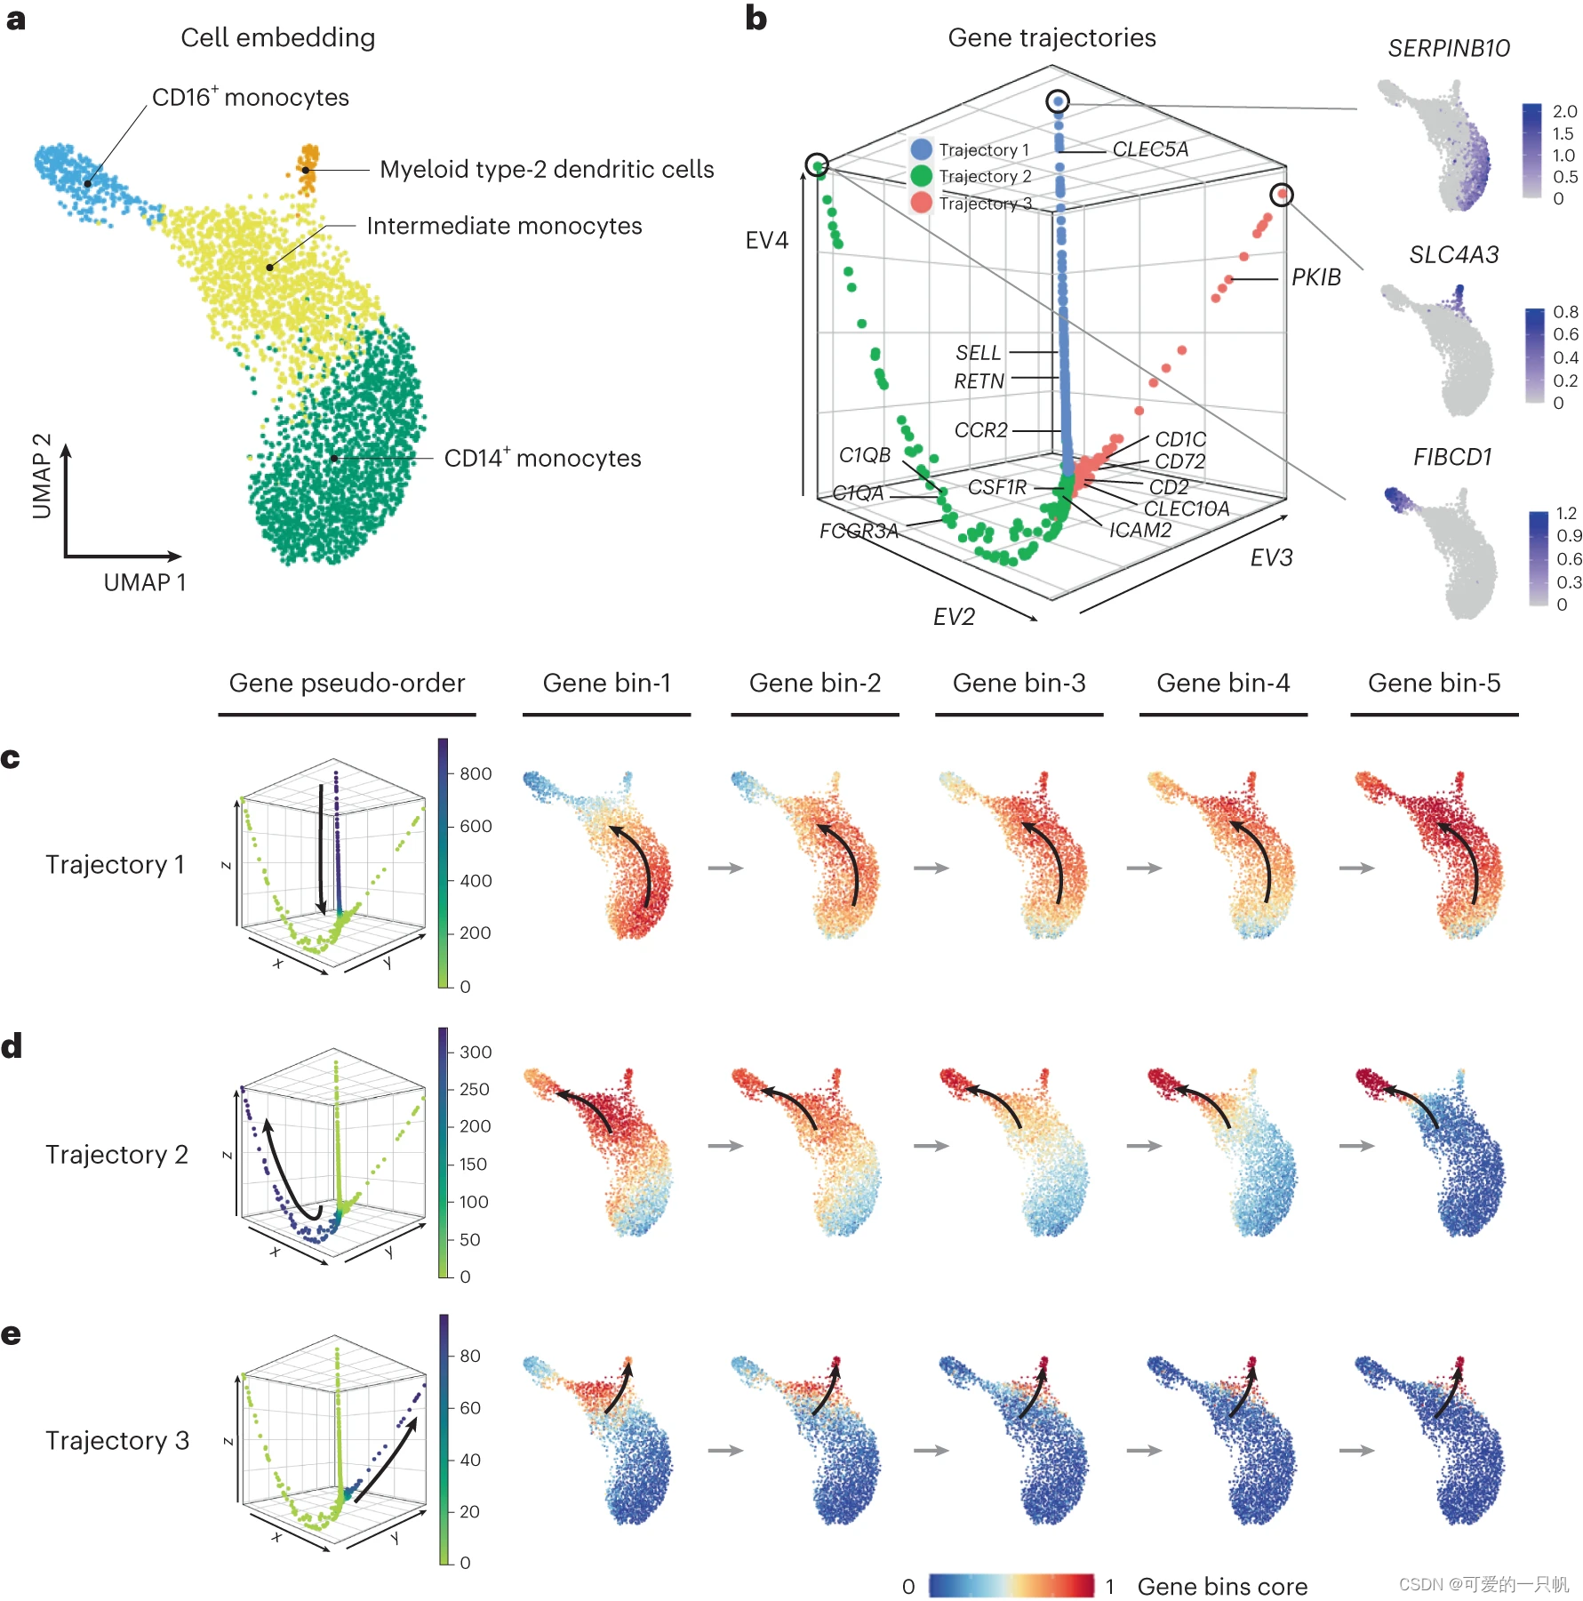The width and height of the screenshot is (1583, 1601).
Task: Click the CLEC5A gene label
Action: pyautogui.click(x=1149, y=149)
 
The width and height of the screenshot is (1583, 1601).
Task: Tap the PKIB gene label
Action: pyautogui.click(x=1315, y=277)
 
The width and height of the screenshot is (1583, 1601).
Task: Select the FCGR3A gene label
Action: pyautogui.click(x=858, y=531)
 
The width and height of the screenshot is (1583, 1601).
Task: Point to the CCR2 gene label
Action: pyautogui.click(x=980, y=430)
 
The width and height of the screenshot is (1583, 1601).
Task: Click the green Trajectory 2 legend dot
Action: pyautogui.click(x=921, y=176)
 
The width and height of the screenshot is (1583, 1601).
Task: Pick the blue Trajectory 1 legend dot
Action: pyautogui.click(x=921, y=149)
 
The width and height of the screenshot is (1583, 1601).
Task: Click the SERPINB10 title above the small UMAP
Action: pyautogui.click(x=1448, y=48)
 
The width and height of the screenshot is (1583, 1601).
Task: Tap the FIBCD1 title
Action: pyautogui.click(x=1452, y=457)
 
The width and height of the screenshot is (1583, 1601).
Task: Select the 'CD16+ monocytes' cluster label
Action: pyautogui.click(x=250, y=97)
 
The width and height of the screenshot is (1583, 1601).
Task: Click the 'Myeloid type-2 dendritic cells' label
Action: pyautogui.click(x=546, y=169)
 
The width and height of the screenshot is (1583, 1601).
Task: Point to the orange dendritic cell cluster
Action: pyautogui.click(x=308, y=167)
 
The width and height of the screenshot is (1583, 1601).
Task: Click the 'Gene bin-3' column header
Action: pyautogui.click(x=1019, y=683)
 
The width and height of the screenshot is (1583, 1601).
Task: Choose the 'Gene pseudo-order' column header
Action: pyautogui.click(x=347, y=683)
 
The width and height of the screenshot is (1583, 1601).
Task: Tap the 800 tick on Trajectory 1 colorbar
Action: pyautogui.click(x=476, y=773)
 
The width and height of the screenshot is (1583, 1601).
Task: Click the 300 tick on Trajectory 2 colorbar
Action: pyautogui.click(x=476, y=1052)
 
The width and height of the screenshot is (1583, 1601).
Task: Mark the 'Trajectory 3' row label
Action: pyautogui.click(x=117, y=1440)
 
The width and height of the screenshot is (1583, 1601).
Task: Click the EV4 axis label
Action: pyautogui.click(x=766, y=240)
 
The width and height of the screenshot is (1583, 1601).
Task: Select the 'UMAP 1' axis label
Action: pyautogui.click(x=145, y=582)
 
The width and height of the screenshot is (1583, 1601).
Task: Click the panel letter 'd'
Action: pyautogui.click(x=12, y=1046)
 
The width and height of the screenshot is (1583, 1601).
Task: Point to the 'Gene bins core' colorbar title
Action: pyautogui.click(x=1222, y=1586)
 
